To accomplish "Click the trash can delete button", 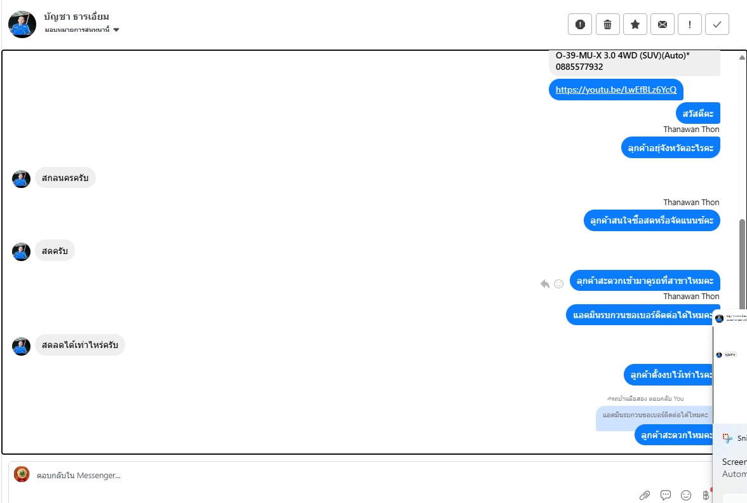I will pyautogui.click(x=607, y=25).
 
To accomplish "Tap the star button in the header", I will pyautogui.click(x=635, y=25).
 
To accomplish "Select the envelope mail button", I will pyautogui.click(x=663, y=25).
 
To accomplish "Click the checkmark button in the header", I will pyautogui.click(x=717, y=25).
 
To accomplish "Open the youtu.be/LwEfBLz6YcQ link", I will pyautogui.click(x=616, y=90).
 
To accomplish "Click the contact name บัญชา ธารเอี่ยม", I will pyautogui.click(x=77, y=17).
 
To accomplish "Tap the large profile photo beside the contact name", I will pyautogui.click(x=22, y=24).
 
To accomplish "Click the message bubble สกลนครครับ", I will pyautogui.click(x=65, y=178).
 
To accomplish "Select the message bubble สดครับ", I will pyautogui.click(x=55, y=251).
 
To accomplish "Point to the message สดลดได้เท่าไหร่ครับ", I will pyautogui.click(x=79, y=345).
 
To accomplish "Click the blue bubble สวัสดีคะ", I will pyautogui.click(x=698, y=113).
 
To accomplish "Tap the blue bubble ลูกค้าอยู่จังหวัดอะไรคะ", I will pyautogui.click(x=670, y=148).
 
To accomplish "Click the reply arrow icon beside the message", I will pyautogui.click(x=544, y=284).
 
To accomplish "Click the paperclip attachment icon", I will pyautogui.click(x=644, y=495).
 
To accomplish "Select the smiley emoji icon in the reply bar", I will pyautogui.click(x=686, y=495).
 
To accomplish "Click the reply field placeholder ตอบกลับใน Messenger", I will pyautogui.click(x=79, y=475).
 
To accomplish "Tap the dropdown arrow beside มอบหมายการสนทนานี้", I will pyautogui.click(x=116, y=30).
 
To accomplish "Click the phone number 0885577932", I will pyautogui.click(x=579, y=67).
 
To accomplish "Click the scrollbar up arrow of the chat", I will pyautogui.click(x=742, y=57).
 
